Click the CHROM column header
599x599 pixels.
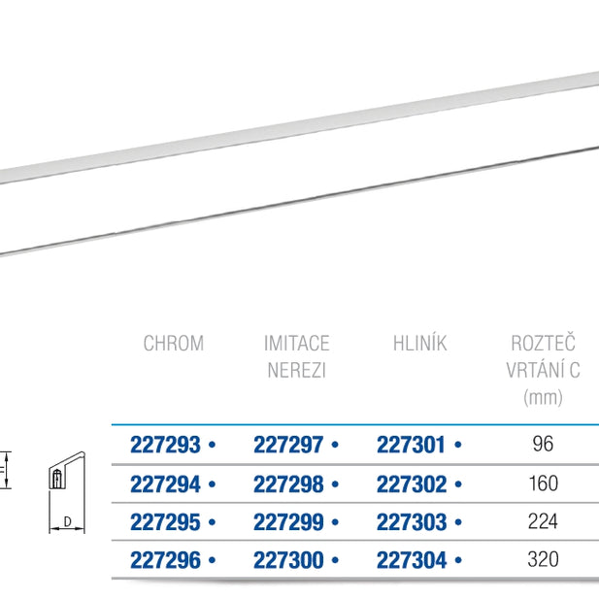click(x=174, y=343)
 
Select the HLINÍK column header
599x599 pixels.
click(x=419, y=343)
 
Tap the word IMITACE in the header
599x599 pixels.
click(x=297, y=343)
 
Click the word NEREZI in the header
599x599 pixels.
click(x=297, y=370)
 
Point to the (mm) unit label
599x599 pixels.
click(x=543, y=397)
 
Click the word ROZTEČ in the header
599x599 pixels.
click(x=543, y=343)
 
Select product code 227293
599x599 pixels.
click(x=165, y=445)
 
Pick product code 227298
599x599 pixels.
click(x=288, y=484)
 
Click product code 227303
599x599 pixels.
click(x=412, y=522)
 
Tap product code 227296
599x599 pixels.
click(x=165, y=560)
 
